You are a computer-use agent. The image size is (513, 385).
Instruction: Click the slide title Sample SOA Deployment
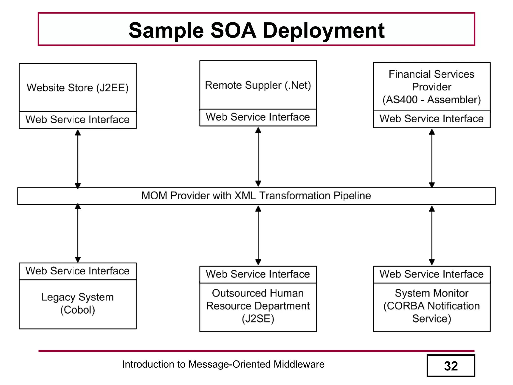coord(256,30)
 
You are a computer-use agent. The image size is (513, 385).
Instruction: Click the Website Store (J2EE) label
coord(78,88)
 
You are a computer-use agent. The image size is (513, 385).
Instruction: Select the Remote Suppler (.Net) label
coord(258,85)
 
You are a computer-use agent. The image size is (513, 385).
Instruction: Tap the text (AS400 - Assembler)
coord(432,100)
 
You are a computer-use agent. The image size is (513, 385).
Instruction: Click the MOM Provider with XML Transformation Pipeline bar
coord(256,196)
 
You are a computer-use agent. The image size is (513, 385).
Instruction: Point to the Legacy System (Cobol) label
coord(78,303)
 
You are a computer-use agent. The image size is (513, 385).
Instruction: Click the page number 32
coord(451,366)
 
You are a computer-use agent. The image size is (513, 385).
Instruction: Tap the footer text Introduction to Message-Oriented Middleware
coord(223,364)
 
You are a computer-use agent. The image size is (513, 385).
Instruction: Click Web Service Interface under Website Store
coord(78,120)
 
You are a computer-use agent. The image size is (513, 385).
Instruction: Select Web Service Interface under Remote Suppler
coord(258,117)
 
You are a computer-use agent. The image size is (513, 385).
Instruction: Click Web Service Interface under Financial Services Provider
coord(432,119)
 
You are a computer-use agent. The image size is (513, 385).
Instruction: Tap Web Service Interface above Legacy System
coord(78,271)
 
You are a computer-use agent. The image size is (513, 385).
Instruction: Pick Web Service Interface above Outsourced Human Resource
coord(258,274)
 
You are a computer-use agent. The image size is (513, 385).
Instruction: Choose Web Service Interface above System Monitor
coord(432,274)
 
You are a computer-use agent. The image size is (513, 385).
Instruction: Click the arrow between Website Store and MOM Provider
coord(78,159)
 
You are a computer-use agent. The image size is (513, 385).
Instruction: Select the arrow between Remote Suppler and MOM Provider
coord(258,157)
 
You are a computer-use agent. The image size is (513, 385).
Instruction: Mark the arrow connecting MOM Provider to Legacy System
coord(78,233)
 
